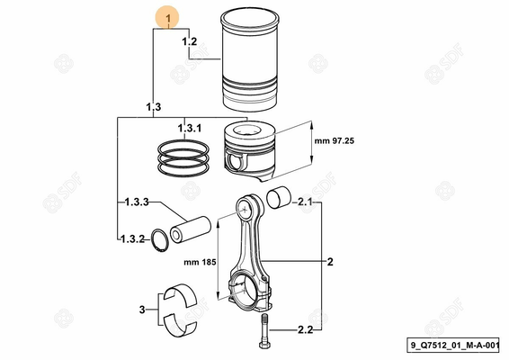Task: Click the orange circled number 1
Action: [x=168, y=17]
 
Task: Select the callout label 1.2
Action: [x=189, y=41]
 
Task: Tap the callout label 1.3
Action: [x=152, y=107]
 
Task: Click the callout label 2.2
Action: [x=304, y=331]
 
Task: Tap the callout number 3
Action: [x=141, y=309]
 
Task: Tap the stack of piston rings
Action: [x=184, y=159]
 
